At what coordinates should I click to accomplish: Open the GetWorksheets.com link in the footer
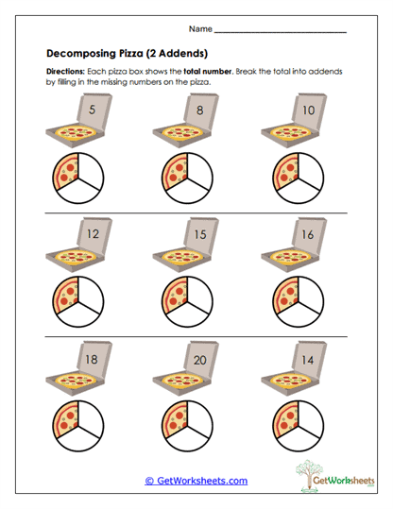[196, 481]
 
